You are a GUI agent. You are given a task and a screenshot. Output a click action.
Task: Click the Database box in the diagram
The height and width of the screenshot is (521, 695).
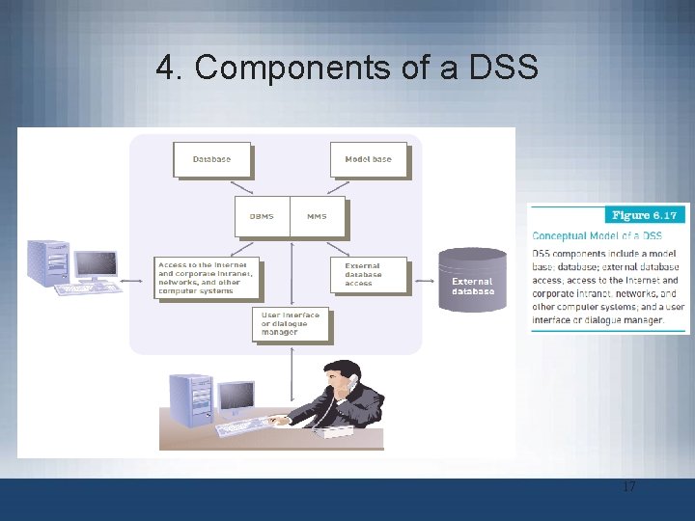(211, 159)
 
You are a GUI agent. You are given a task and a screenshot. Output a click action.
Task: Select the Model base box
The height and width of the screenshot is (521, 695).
(368, 159)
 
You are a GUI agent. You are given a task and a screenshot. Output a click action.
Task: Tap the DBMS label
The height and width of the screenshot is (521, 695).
(262, 216)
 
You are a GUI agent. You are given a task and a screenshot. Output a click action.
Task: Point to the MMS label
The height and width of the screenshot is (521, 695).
(317, 216)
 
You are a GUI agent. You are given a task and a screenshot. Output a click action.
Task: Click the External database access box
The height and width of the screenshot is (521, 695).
(368, 274)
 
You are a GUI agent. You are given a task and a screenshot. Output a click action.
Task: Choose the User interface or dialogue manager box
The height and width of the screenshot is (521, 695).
(292, 324)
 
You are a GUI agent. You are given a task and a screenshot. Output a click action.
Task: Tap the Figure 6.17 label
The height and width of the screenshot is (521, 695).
(645, 214)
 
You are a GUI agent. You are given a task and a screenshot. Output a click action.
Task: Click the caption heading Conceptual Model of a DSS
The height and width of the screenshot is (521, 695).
(598, 235)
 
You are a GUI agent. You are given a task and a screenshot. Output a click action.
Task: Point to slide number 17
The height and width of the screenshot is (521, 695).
(628, 487)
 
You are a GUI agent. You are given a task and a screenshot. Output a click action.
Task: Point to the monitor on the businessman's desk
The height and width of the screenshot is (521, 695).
(236, 396)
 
